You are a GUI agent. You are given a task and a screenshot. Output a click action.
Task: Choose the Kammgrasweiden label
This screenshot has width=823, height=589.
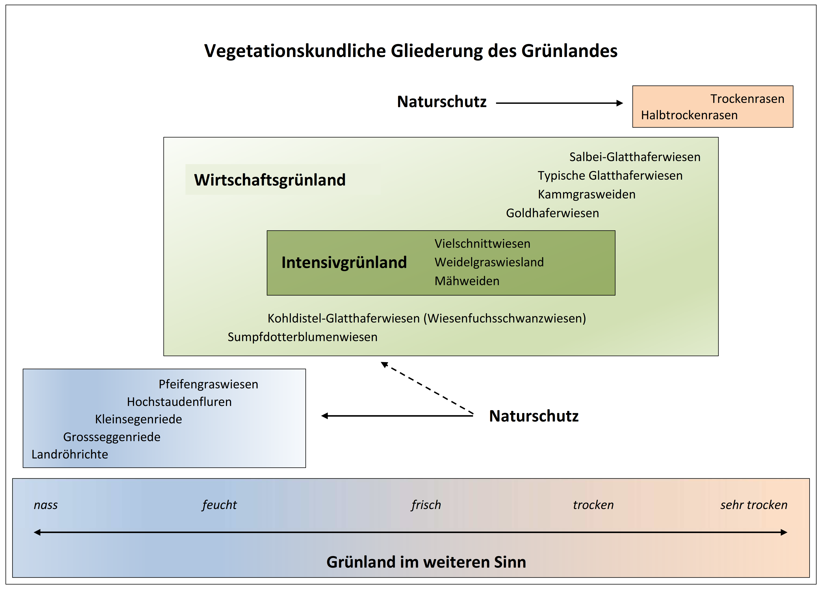(586, 194)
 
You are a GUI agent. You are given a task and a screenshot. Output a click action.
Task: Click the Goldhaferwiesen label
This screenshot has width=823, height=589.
(552, 213)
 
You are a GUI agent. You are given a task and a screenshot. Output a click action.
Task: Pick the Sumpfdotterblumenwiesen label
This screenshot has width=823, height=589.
(302, 337)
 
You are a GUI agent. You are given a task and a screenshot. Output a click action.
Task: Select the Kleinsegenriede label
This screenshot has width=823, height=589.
(139, 419)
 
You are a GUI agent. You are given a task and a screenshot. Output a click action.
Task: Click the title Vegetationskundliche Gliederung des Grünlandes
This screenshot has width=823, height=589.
(411, 51)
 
